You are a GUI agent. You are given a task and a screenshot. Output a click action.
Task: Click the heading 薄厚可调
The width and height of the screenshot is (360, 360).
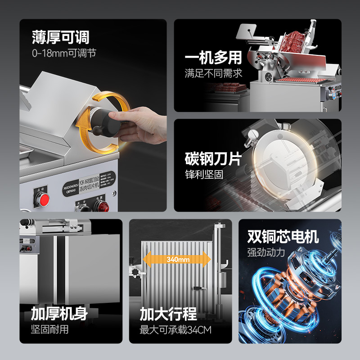coord(60,36)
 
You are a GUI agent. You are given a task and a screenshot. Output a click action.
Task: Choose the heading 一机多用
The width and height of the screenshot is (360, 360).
coord(213,58)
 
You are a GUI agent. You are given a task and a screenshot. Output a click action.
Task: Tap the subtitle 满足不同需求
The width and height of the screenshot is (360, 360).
coord(213,73)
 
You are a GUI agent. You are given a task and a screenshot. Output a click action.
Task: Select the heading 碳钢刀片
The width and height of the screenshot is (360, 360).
coord(213,159)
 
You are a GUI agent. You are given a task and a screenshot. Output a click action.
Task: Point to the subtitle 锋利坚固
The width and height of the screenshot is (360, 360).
coord(204,174)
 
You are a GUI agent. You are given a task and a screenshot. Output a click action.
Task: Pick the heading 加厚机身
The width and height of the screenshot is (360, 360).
coord(59,313)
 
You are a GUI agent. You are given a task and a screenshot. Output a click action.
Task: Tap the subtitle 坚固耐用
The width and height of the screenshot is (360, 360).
coord(49,329)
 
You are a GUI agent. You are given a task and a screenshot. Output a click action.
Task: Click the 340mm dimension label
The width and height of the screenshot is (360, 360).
coord(177,259)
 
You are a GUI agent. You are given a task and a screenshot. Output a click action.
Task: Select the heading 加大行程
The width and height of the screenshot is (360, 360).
coord(168,313)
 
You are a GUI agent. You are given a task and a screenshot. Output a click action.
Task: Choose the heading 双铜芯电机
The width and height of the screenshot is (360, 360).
coord(283,236)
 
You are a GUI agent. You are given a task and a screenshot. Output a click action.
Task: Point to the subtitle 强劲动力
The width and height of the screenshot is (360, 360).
coord(266,252)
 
